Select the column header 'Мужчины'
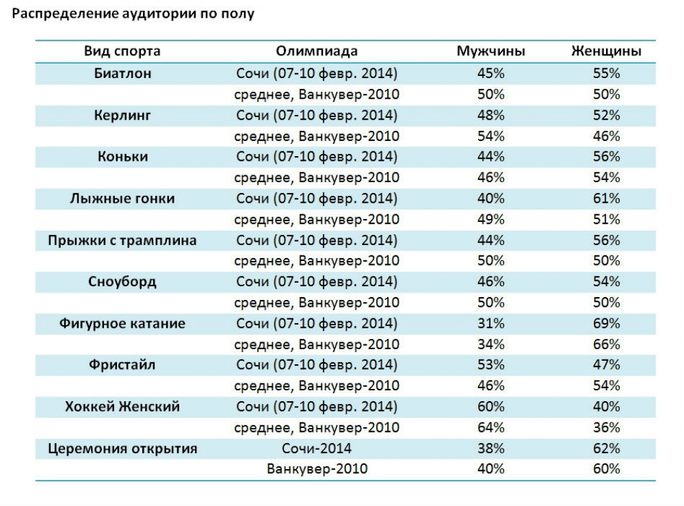pos(491,51)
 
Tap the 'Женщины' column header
pos(606,51)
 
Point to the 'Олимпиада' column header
pos(317,51)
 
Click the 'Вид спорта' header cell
pos(122,51)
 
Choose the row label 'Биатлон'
pos(122,73)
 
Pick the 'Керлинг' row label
pos(122,115)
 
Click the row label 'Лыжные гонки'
pos(122,199)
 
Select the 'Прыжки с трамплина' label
pos(122,240)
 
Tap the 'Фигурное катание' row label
pos(122,324)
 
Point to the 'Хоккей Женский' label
pos(122,407)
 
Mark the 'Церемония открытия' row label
pos(122,449)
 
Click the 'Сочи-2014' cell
pos(317,449)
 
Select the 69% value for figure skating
pos(606,324)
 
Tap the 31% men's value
pos(491,324)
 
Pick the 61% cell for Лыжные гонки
pos(606,199)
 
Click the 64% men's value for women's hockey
pos(491,428)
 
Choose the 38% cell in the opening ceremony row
pos(491,449)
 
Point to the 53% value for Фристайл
pos(491,366)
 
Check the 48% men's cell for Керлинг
pos(491,115)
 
